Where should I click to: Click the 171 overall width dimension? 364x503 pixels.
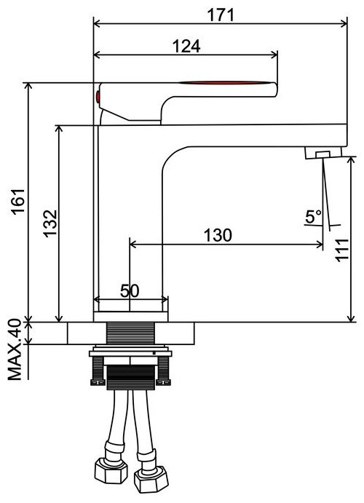221,15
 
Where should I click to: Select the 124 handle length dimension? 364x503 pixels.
186,46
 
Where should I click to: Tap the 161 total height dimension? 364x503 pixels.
18,201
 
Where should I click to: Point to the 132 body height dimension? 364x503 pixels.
50,223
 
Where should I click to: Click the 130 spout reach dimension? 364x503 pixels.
218,235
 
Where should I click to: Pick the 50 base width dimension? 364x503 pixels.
130,291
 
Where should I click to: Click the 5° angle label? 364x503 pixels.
313,216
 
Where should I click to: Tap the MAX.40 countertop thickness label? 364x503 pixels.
15,349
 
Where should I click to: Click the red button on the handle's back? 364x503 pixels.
98,97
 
